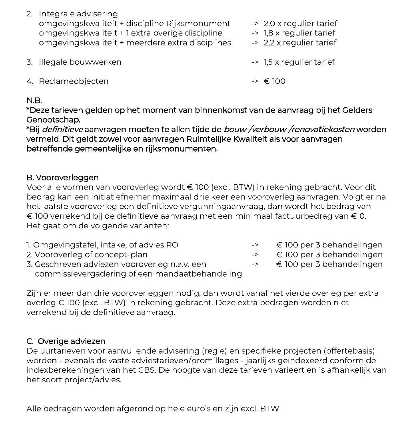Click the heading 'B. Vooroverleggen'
pyautogui.click(x=62, y=178)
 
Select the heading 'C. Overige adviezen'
pyautogui.click(x=66, y=341)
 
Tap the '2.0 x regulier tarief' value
pyautogui.click(x=300, y=24)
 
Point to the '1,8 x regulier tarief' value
pyautogui.click(x=299, y=33)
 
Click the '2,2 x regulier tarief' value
pyautogui.click(x=300, y=43)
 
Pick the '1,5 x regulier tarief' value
pyautogui.click(x=299, y=62)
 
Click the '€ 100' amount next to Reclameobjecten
pyautogui.click(x=274, y=81)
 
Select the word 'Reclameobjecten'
pyautogui.click(x=74, y=81)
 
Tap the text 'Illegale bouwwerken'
pyautogui.click(x=80, y=62)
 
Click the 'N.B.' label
pyautogui.click(x=34, y=100)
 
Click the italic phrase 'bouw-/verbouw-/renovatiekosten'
pyautogui.click(x=289, y=129)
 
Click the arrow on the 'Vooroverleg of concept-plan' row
pyautogui.click(x=255, y=255)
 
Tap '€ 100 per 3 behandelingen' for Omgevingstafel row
pyautogui.click(x=329, y=245)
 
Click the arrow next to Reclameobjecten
pyautogui.click(x=255, y=81)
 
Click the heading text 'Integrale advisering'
pyautogui.click(x=78, y=14)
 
